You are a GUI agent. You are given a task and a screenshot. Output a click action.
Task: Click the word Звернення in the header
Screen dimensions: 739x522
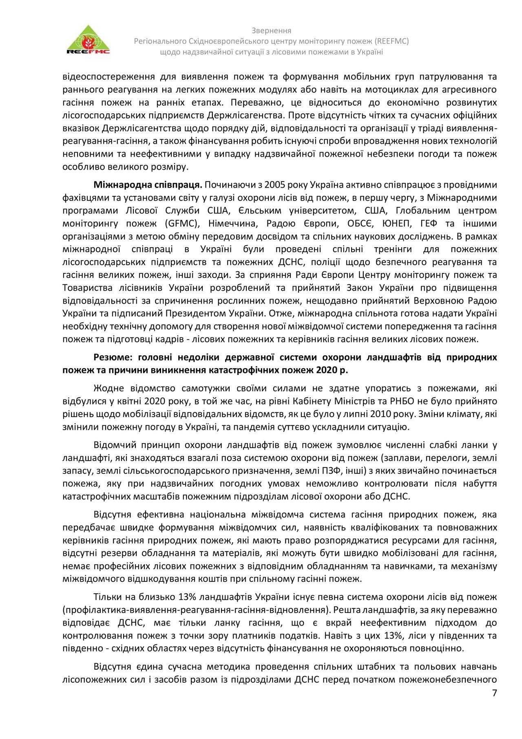[x=271, y=31]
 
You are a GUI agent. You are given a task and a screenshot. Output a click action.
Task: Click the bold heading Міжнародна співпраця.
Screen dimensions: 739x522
[x=148, y=185]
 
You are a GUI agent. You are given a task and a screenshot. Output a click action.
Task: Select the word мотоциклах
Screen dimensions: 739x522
[x=391, y=89]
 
